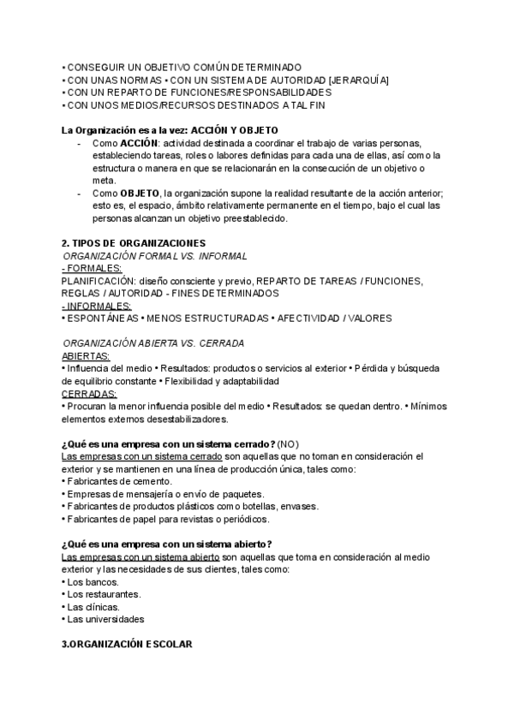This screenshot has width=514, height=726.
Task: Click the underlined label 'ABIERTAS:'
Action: [87, 355]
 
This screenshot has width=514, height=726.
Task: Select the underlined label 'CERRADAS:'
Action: [89, 393]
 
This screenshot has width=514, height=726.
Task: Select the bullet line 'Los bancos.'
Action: [92, 581]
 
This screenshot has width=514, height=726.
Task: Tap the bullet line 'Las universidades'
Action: [105, 619]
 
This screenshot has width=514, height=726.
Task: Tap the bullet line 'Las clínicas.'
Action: [95, 607]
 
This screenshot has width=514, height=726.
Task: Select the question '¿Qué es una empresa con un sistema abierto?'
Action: [167, 544]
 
